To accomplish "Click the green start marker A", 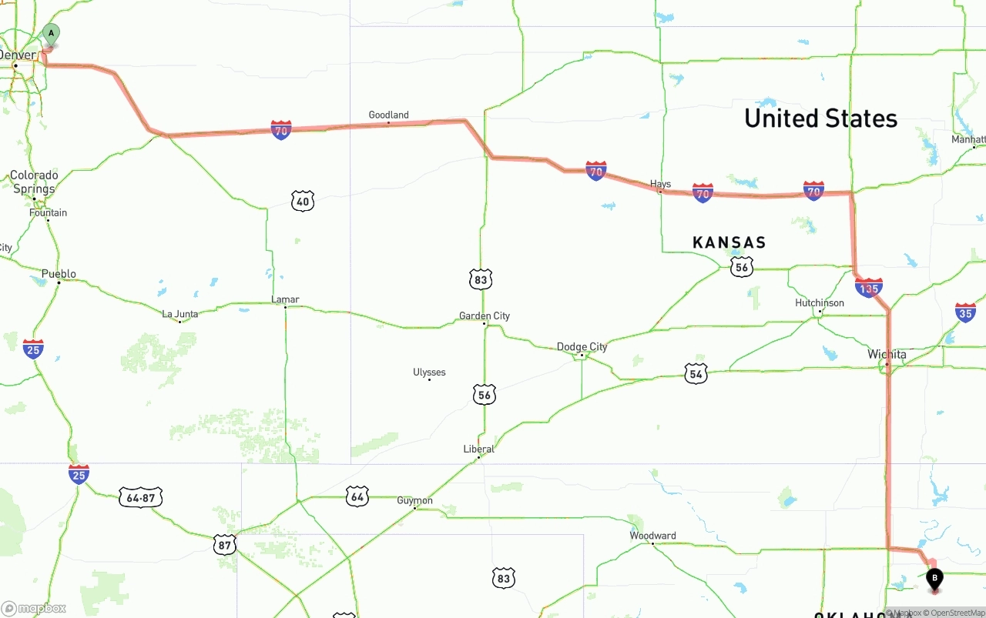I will coord(51,34).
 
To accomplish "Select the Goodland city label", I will coord(388,115).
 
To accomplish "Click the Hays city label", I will coord(660,184).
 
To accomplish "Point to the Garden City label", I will coord(485,316).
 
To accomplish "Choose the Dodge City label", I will coord(582,347).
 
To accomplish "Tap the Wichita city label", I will coord(887,355).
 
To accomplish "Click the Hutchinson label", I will coord(819,303).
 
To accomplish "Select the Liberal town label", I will coord(478,449).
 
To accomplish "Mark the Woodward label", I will coord(652,536).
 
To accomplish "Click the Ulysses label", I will coord(429,372).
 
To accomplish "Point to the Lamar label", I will coord(285,299).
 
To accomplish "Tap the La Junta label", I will coord(179,314).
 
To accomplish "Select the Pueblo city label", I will coord(59,274).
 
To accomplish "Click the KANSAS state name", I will coord(729,243).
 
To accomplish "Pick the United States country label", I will coord(820,119).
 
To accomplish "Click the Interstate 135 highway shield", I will coord(868,289).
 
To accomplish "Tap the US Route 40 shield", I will coord(303,202).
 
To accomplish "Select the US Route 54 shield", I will coord(696,374).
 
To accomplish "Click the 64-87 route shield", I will coord(140,497).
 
